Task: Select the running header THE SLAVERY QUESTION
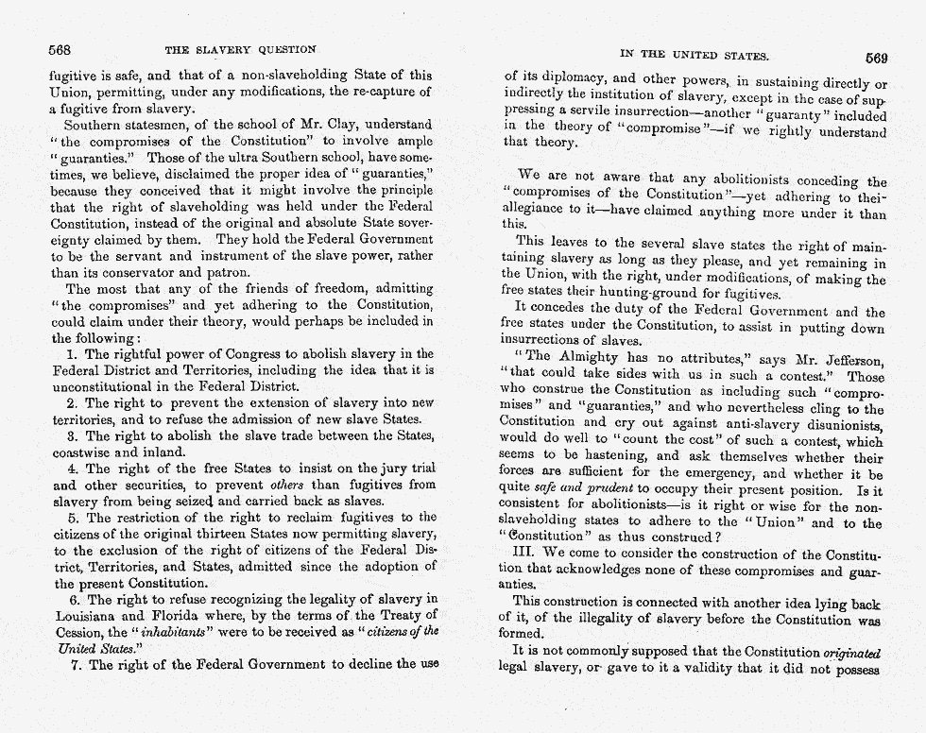click(241, 49)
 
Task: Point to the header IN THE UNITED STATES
click(694, 56)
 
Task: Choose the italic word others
click(295, 485)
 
